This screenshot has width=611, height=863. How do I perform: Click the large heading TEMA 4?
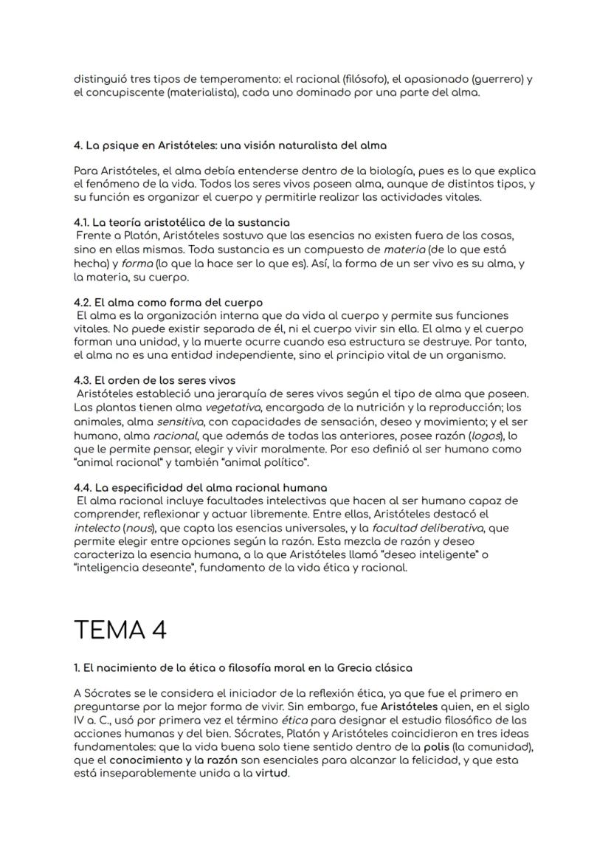click(x=120, y=630)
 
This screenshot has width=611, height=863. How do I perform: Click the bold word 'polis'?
click(x=439, y=746)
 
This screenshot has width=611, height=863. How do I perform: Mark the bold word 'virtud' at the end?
click(x=273, y=774)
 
